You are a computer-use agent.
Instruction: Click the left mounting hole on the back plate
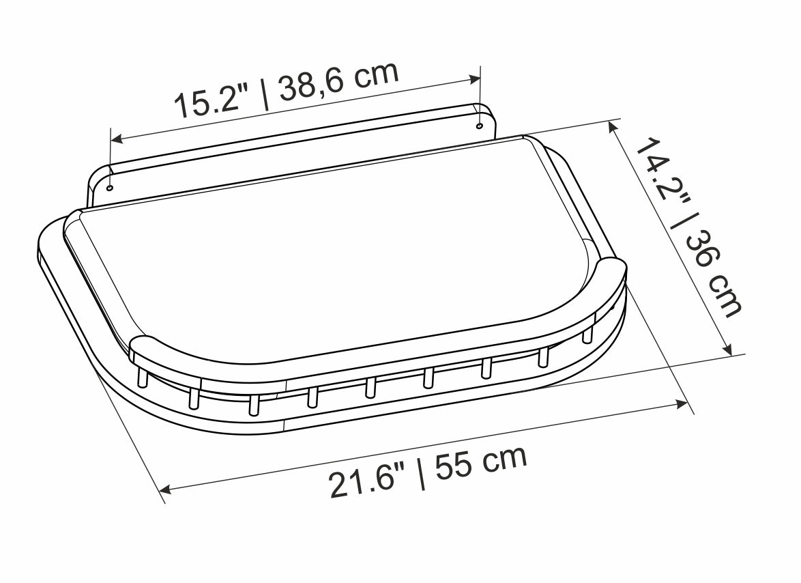[110, 186]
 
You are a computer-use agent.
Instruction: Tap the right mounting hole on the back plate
[478, 126]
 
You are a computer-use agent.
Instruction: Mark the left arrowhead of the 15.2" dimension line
[117, 139]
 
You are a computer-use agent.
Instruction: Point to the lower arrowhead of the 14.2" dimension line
[728, 350]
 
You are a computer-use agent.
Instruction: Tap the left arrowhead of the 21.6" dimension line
[164, 489]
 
